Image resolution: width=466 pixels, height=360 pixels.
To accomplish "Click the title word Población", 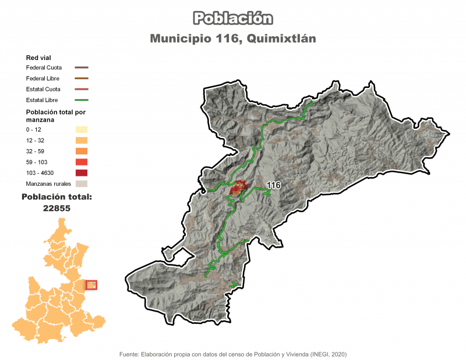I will click(233, 18).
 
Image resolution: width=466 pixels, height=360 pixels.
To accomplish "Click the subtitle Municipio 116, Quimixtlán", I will click(233, 39).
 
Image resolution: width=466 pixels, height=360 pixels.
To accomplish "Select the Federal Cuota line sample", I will click(82, 68).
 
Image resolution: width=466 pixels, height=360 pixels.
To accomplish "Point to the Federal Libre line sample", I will click(82, 78).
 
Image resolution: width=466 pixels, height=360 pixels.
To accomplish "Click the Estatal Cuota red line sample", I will click(82, 89).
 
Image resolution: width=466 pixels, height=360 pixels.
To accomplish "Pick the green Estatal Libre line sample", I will click(82, 100).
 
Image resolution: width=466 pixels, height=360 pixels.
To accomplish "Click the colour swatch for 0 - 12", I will click(82, 129).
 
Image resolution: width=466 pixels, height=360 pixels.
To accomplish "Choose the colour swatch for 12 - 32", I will click(82, 140).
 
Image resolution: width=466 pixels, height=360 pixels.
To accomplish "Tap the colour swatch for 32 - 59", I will click(82, 151).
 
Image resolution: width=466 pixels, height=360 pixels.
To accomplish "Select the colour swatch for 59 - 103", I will click(82, 162).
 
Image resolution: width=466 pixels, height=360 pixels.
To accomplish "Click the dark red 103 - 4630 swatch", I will click(82, 173).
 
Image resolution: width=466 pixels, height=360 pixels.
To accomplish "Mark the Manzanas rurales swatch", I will click(82, 183).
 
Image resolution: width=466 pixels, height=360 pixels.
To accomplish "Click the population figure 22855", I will click(57, 208).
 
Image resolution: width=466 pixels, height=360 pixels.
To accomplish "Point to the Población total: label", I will click(57, 197).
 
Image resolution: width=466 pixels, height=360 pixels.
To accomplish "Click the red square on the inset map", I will click(91, 285).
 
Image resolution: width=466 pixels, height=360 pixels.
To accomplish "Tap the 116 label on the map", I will click(273, 185).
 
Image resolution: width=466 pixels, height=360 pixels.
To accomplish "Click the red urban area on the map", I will click(238, 188).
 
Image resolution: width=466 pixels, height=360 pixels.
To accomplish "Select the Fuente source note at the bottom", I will click(233, 354).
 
